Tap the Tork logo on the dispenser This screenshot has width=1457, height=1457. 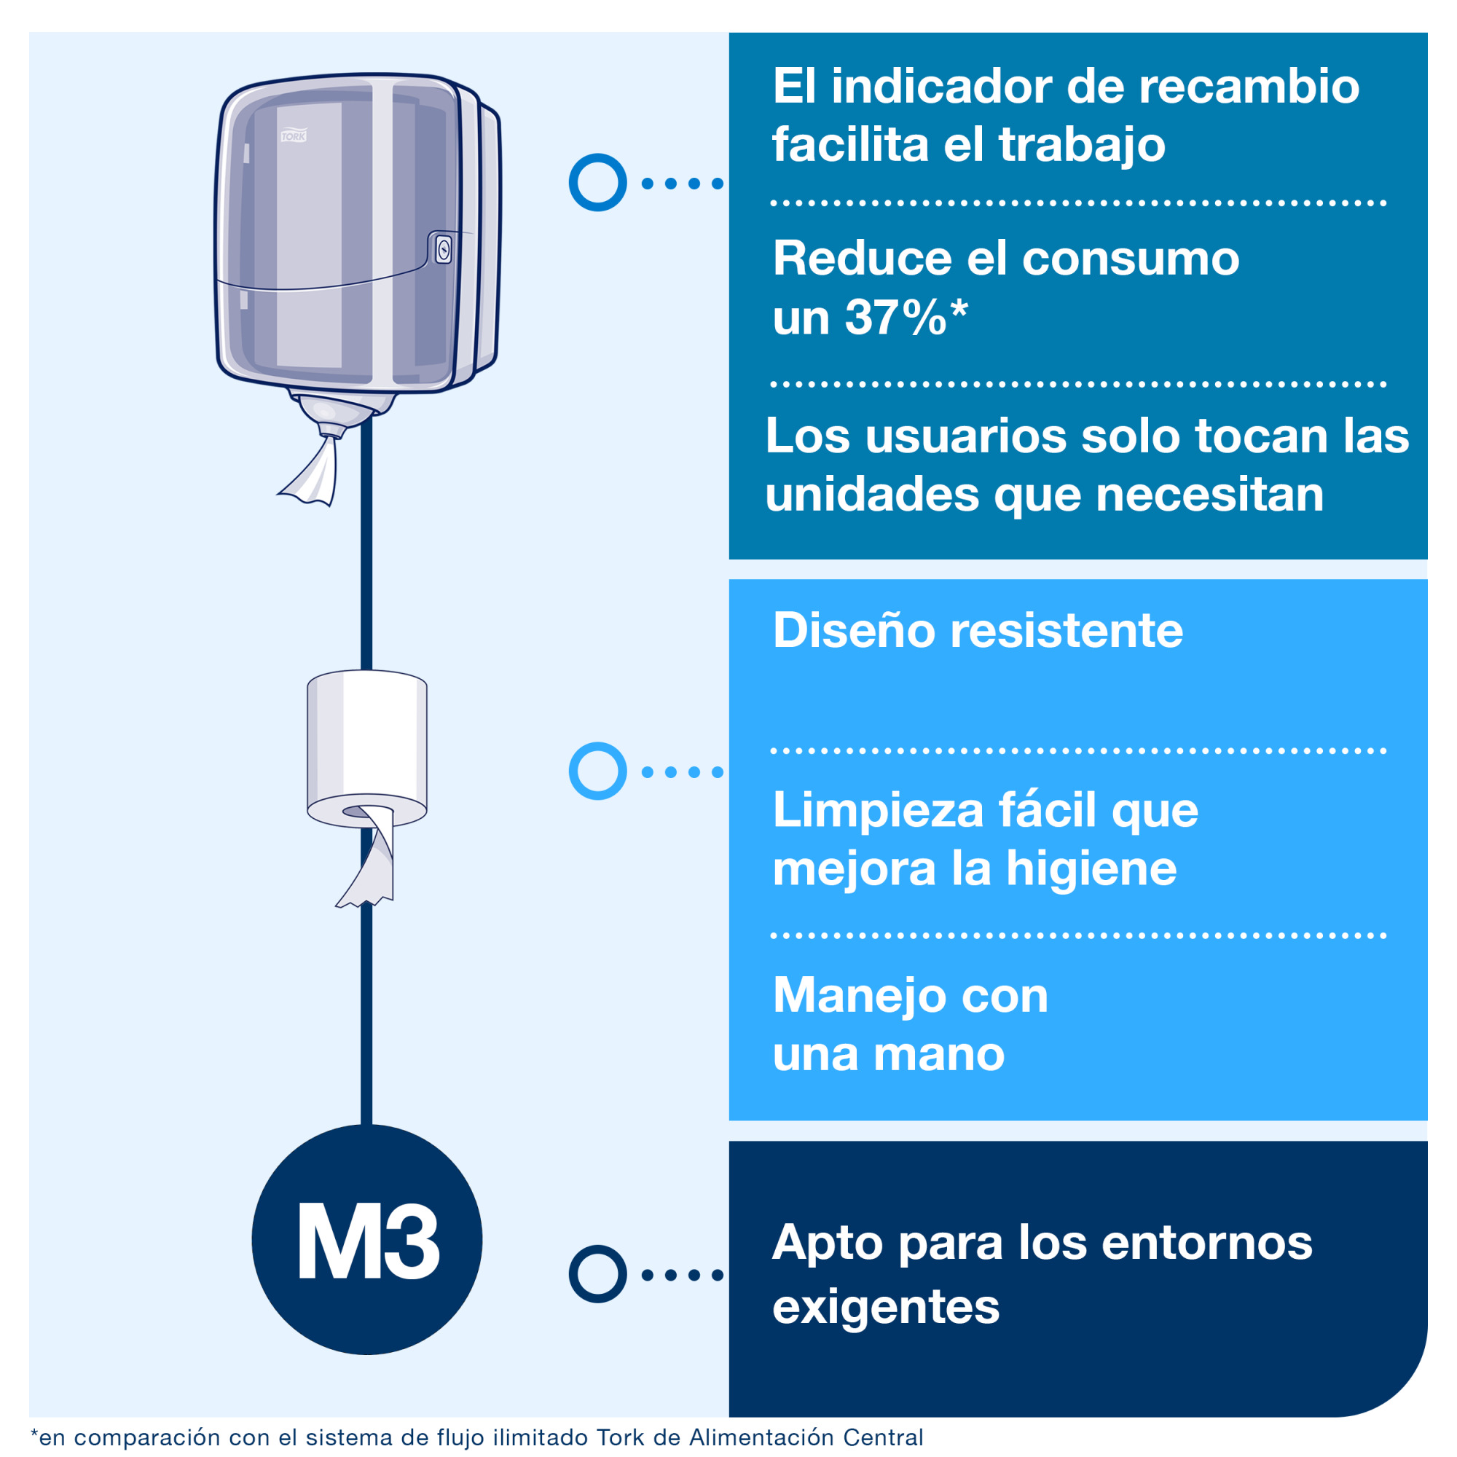click(x=294, y=136)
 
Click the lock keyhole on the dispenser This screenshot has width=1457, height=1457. click(x=444, y=250)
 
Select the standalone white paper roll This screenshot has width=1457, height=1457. click(x=366, y=743)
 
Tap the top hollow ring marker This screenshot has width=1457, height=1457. click(x=597, y=183)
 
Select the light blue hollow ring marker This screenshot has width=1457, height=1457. click(x=597, y=771)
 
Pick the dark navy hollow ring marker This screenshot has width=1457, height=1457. click(x=597, y=1273)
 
